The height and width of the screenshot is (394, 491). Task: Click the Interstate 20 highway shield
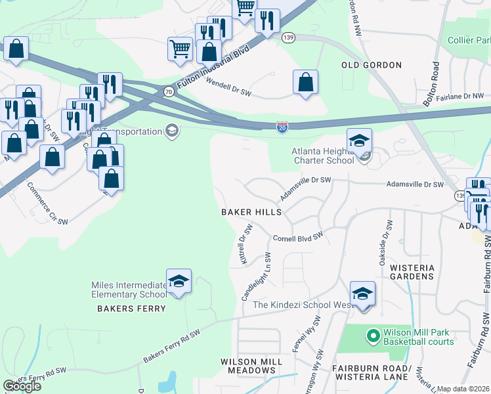tap(282, 127)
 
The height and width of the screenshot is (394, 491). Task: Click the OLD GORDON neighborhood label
tap(372, 65)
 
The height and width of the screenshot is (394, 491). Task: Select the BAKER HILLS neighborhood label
tap(251, 212)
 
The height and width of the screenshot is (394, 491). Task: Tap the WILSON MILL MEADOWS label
tap(251, 366)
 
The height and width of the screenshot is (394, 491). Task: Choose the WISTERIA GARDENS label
tap(412, 273)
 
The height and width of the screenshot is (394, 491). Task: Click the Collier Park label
tap(469, 41)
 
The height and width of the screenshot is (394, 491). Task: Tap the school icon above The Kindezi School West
tap(362, 293)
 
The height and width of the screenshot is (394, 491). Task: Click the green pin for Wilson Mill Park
tap(373, 337)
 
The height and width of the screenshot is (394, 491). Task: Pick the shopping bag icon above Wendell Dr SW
tap(305, 83)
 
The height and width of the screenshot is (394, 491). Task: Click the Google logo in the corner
tap(22, 385)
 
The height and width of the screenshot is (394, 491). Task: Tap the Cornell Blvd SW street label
tap(299, 237)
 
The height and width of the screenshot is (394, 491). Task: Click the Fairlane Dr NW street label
tap(459, 97)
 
